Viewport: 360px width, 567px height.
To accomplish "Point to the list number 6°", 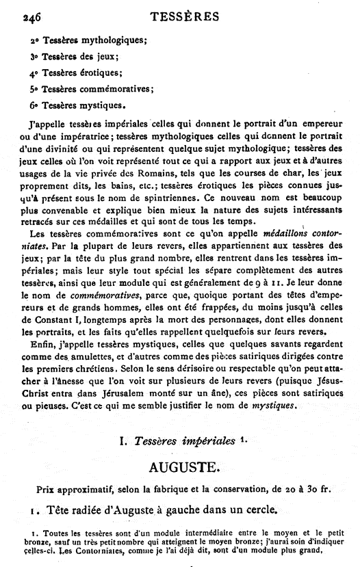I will [x=34, y=105].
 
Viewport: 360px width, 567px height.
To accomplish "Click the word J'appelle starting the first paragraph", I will [x=42, y=126].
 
